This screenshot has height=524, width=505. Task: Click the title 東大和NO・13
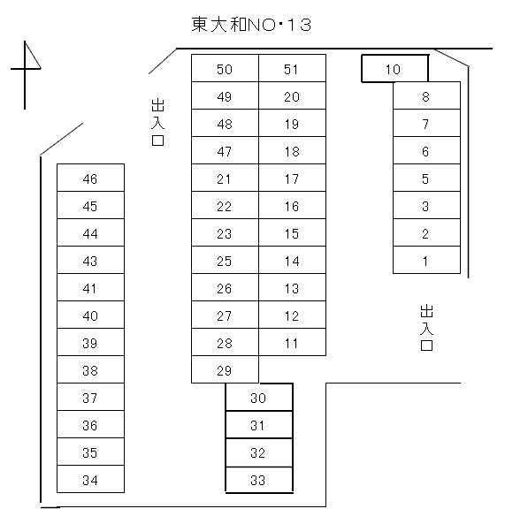251,25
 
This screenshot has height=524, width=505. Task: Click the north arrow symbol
26,71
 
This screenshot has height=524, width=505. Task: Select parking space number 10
394,69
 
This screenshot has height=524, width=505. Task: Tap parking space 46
90,178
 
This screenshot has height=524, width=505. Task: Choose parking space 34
90,480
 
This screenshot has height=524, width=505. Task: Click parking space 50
225,69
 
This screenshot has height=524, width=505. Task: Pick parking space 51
292,69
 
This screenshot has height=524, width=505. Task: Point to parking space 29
225,370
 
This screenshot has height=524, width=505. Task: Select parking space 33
258,480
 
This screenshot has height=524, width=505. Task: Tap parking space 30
258,398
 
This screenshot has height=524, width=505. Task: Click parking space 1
426,261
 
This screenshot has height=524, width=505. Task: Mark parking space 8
426,96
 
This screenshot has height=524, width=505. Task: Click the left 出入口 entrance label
158,122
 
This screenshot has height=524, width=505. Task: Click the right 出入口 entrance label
427,328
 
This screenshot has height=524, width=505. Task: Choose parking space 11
292,343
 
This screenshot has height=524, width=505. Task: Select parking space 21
225,178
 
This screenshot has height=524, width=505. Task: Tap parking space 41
90,288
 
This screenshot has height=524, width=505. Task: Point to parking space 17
292,178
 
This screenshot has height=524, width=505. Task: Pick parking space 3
426,206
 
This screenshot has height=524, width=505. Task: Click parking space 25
225,261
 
